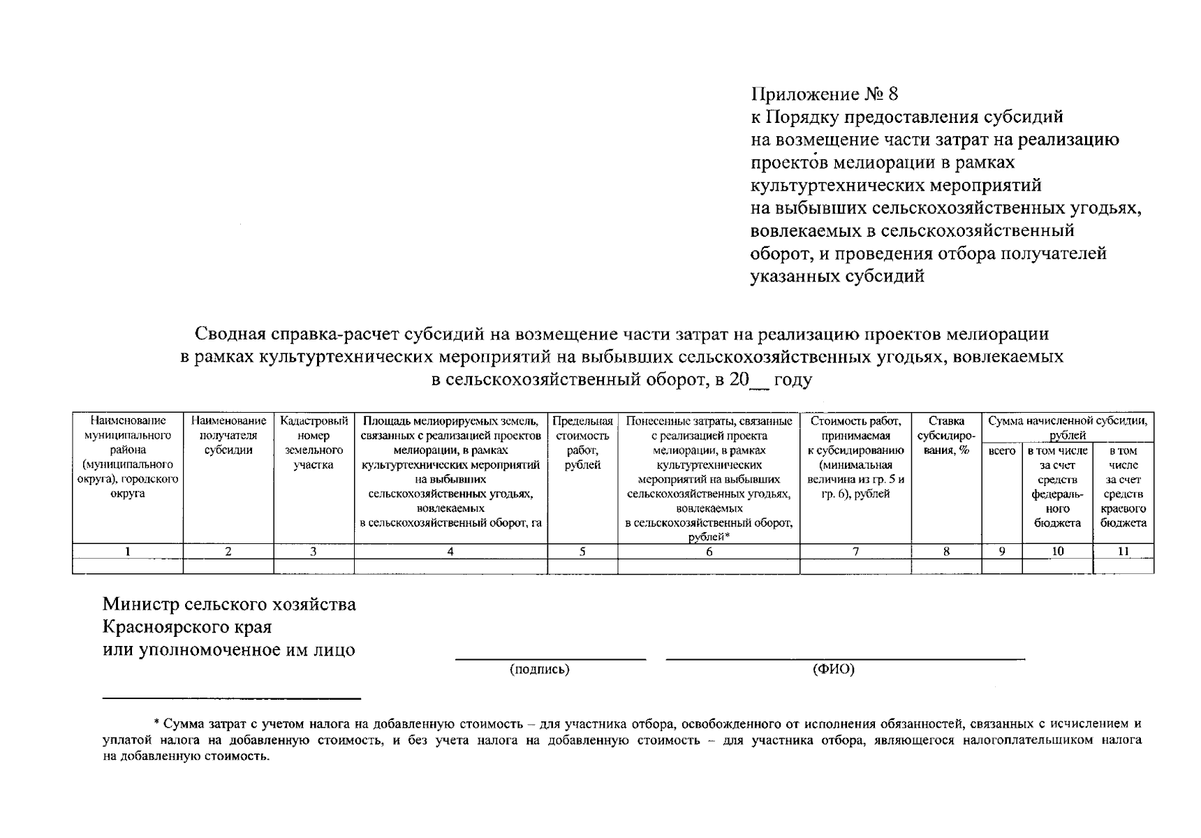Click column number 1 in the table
(x=128, y=552)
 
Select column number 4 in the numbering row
(x=450, y=552)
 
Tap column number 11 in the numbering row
(x=1123, y=552)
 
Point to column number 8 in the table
(x=946, y=552)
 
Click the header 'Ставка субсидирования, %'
(x=946, y=436)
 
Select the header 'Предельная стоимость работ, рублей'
(x=582, y=443)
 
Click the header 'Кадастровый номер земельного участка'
(x=314, y=443)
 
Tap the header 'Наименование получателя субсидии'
(x=228, y=436)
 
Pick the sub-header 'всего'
(x=1002, y=451)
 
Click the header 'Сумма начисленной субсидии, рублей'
(x=1068, y=428)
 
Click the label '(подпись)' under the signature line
(x=539, y=670)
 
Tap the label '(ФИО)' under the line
(x=834, y=670)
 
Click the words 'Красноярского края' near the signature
(x=187, y=627)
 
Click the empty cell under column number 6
(x=709, y=566)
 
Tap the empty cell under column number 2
(x=228, y=566)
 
